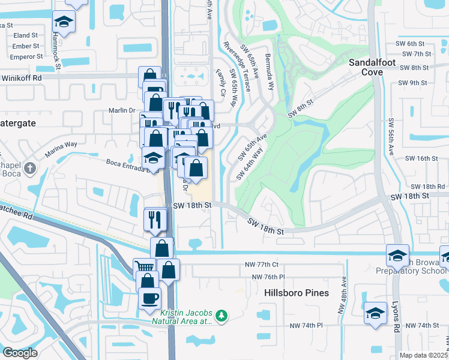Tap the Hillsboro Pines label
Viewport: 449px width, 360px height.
tap(297, 293)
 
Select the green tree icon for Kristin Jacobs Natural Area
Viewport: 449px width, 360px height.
tap(222, 315)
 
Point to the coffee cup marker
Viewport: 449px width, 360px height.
tap(149, 297)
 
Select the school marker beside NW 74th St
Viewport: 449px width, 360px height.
tap(376, 313)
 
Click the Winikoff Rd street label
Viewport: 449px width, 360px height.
tap(20, 78)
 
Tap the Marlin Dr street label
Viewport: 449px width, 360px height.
tap(122, 110)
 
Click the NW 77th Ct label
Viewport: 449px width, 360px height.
tap(265, 264)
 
